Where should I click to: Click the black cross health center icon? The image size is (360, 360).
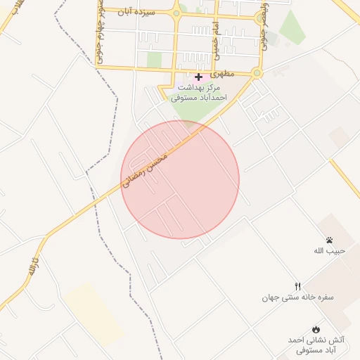[x=198, y=77]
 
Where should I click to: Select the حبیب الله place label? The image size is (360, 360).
[x=328, y=251]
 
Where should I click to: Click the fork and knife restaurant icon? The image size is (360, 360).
[x=297, y=285]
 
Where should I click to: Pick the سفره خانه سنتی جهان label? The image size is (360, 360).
[x=297, y=297]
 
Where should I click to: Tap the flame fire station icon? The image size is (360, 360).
[x=316, y=329]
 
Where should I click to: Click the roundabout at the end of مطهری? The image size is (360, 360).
[x=257, y=72]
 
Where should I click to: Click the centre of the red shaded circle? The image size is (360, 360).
[x=180, y=179]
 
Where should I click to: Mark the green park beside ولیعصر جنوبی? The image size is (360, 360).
[x=291, y=27]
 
